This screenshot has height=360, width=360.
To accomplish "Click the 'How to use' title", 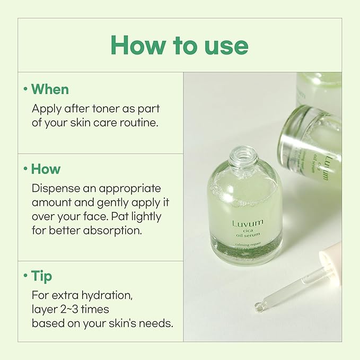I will click(179, 46).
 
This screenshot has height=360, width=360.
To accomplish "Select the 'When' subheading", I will click(50, 89).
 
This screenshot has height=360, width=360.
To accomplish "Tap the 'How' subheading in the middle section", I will click(46, 169).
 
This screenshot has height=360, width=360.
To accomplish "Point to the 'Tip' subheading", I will click(41, 277).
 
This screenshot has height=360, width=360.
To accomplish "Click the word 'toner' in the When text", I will click(102, 109).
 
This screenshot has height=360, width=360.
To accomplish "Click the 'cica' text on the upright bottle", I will click(248, 232).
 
